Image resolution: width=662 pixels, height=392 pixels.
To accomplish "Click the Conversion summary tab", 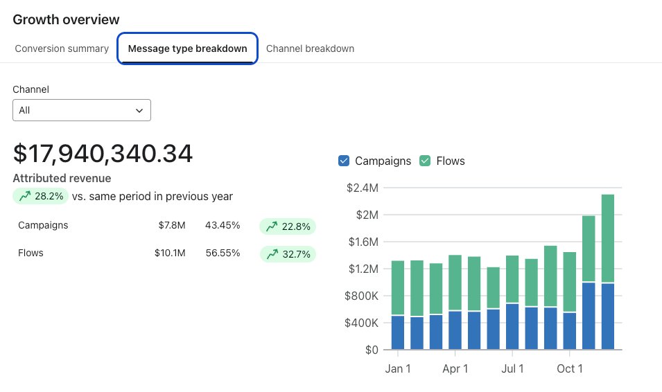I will [62, 48].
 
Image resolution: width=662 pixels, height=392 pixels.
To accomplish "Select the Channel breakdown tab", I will [310, 48].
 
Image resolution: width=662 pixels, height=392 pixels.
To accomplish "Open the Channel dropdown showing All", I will [82, 110].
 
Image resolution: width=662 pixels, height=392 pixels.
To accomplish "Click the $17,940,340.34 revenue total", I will [103, 154].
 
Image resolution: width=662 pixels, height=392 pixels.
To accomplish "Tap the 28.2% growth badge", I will [41, 196].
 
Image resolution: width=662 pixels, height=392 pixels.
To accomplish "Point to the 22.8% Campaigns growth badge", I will [287, 226].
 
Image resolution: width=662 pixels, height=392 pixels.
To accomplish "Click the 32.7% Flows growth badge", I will [287, 254].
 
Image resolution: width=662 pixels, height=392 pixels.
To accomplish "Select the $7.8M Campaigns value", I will [171, 225].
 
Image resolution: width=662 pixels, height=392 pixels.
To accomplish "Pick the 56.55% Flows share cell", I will [223, 253].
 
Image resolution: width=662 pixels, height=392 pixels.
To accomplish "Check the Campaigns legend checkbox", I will [344, 161].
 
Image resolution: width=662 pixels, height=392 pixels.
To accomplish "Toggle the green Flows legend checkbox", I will [424, 161].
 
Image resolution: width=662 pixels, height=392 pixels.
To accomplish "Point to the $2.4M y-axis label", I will [363, 188].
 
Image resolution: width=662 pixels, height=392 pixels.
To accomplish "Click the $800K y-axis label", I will [363, 296].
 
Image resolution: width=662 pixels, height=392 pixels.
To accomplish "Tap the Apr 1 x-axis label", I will [455, 368].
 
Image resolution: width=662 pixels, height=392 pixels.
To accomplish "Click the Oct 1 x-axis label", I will [570, 368].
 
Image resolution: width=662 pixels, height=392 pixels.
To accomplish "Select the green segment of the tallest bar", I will [608, 238].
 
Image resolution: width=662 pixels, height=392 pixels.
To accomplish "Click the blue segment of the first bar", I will [398, 332].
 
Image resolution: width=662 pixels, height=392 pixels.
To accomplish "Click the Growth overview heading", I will [66, 19].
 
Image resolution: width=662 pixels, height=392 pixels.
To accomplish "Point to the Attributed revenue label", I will [62, 178].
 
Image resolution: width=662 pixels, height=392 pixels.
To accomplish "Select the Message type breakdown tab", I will [188, 48].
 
